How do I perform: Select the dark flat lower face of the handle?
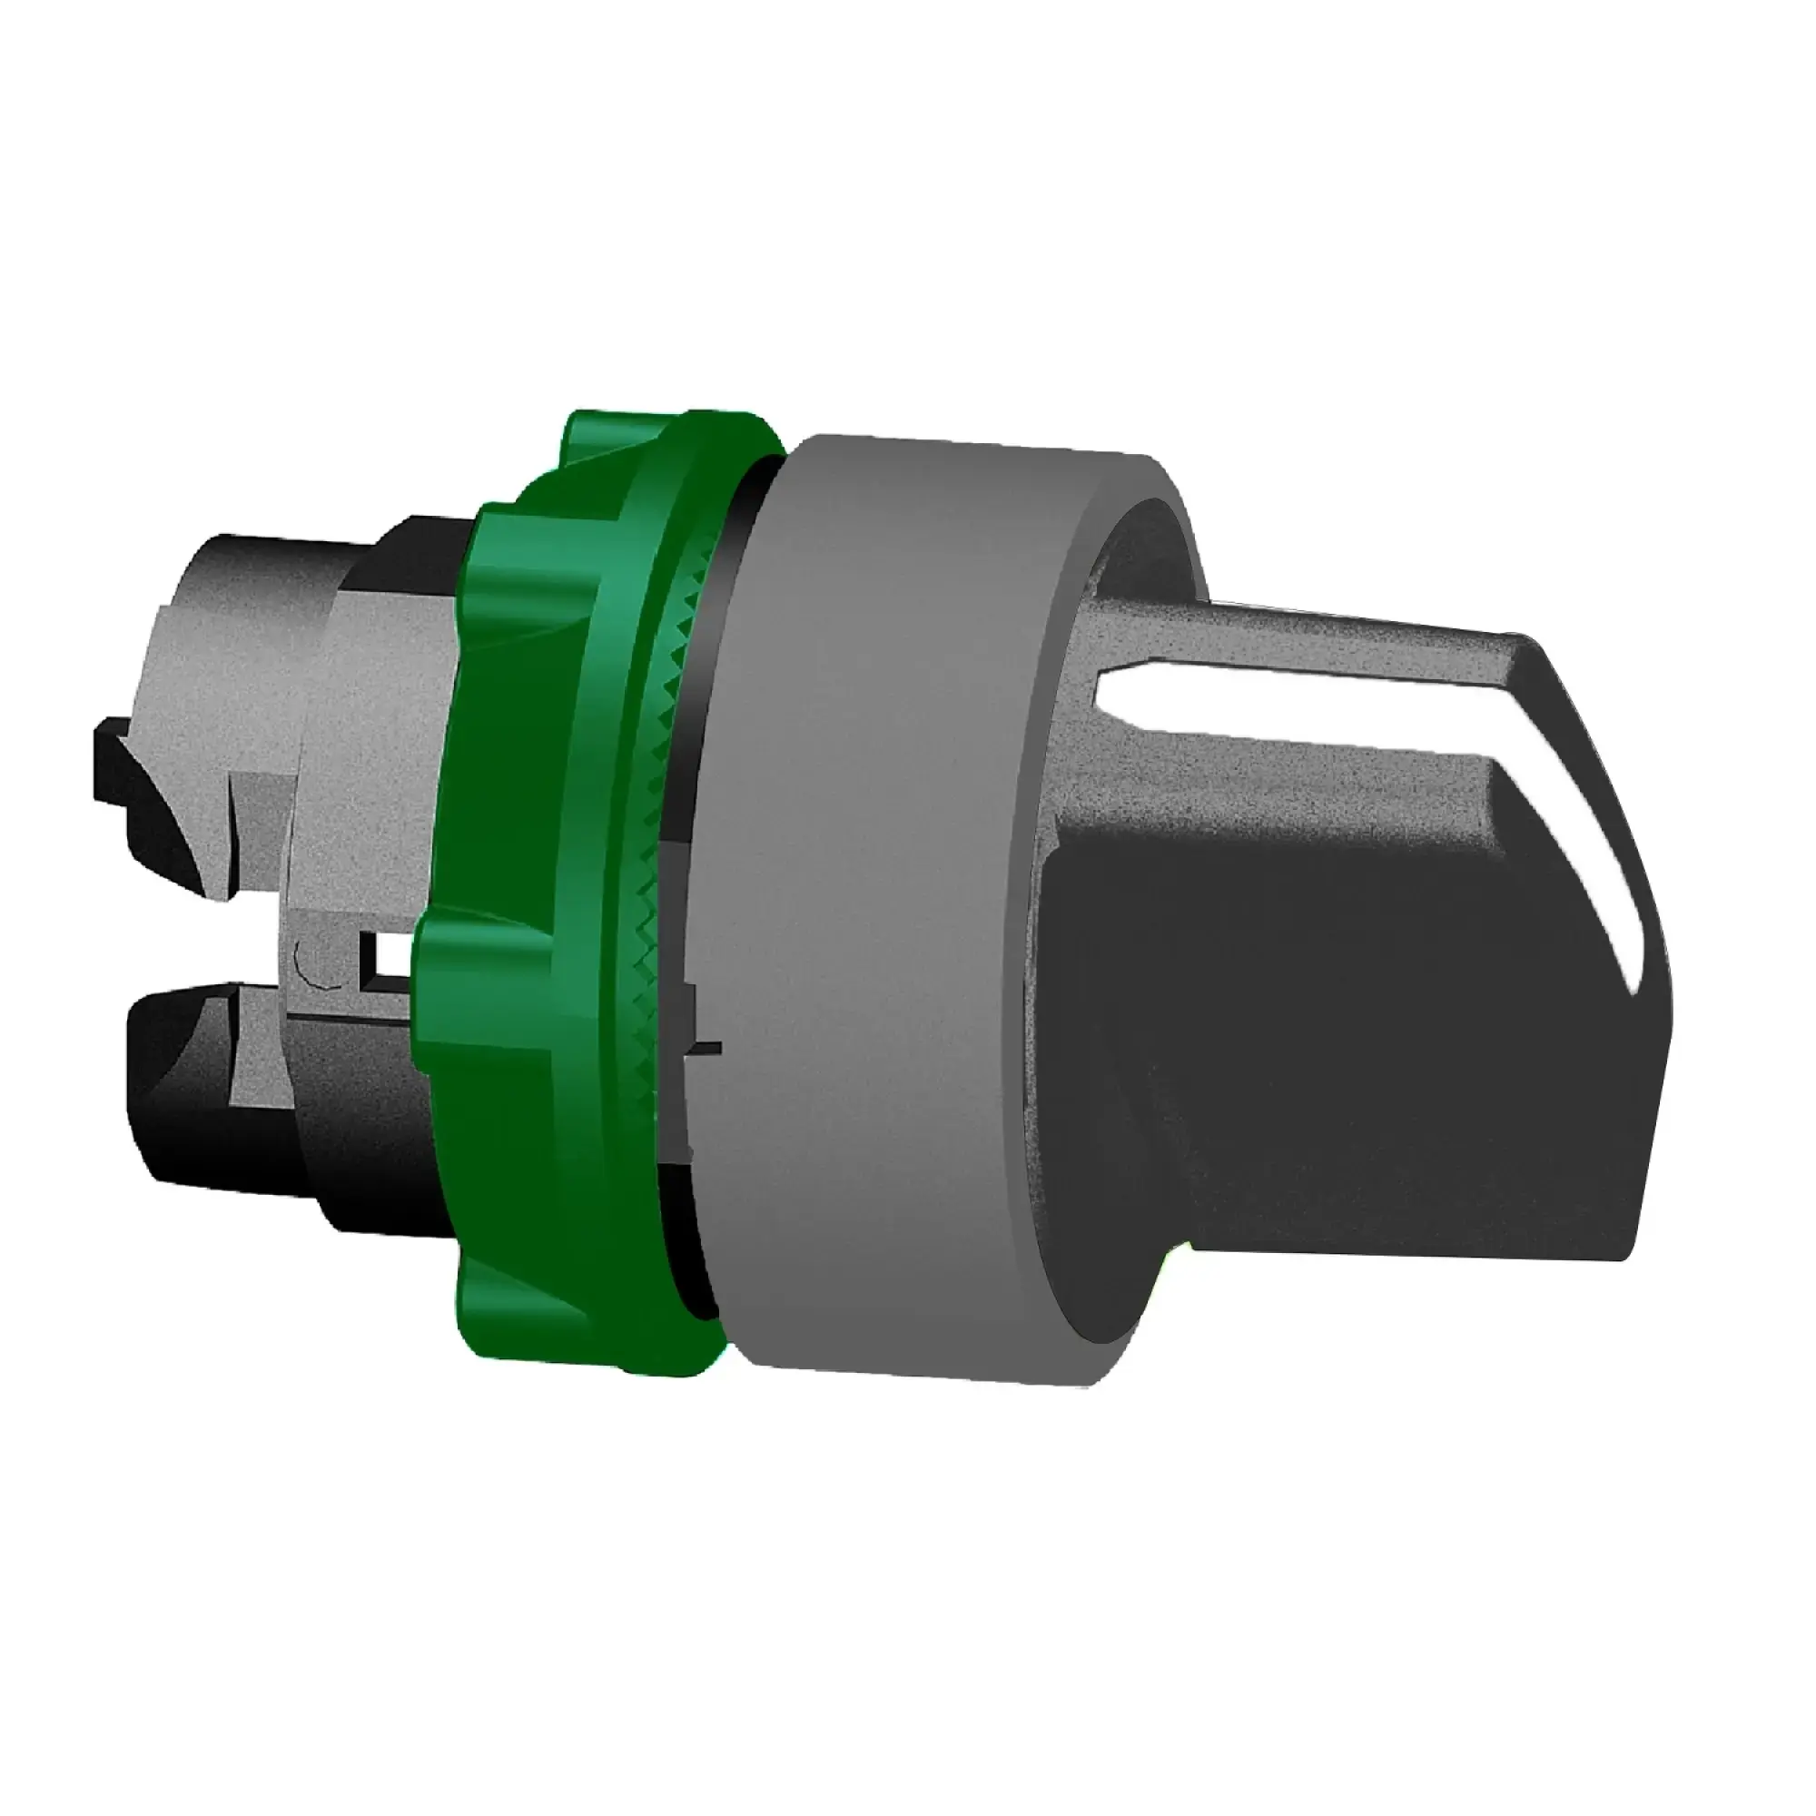pyautogui.click(x=1363, y=1034)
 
